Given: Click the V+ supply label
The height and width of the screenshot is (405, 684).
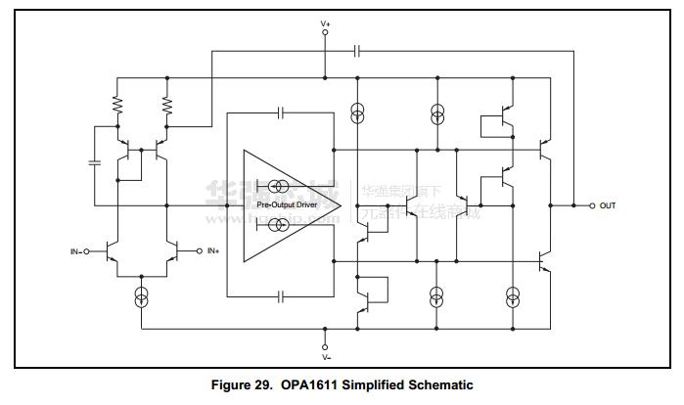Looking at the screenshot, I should tap(326, 22).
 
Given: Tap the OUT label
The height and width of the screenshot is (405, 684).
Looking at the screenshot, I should tap(608, 205).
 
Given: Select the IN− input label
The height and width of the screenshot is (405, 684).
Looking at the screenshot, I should tap(73, 251).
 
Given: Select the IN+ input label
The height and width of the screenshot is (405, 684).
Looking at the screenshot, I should tap(213, 251).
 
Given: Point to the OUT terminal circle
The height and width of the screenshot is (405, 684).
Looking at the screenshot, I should tap(591, 205).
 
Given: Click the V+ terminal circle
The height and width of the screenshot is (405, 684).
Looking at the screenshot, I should tap(326, 33).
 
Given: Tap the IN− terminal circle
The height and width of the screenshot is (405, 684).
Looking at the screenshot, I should tap(86, 251).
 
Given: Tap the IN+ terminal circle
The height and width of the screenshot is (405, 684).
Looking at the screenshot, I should tap(200, 251).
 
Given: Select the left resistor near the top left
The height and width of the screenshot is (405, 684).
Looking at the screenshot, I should tap(117, 102).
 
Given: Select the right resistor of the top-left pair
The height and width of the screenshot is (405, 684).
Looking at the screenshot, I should tap(166, 102).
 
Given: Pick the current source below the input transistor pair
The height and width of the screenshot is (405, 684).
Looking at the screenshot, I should tap(142, 295).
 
